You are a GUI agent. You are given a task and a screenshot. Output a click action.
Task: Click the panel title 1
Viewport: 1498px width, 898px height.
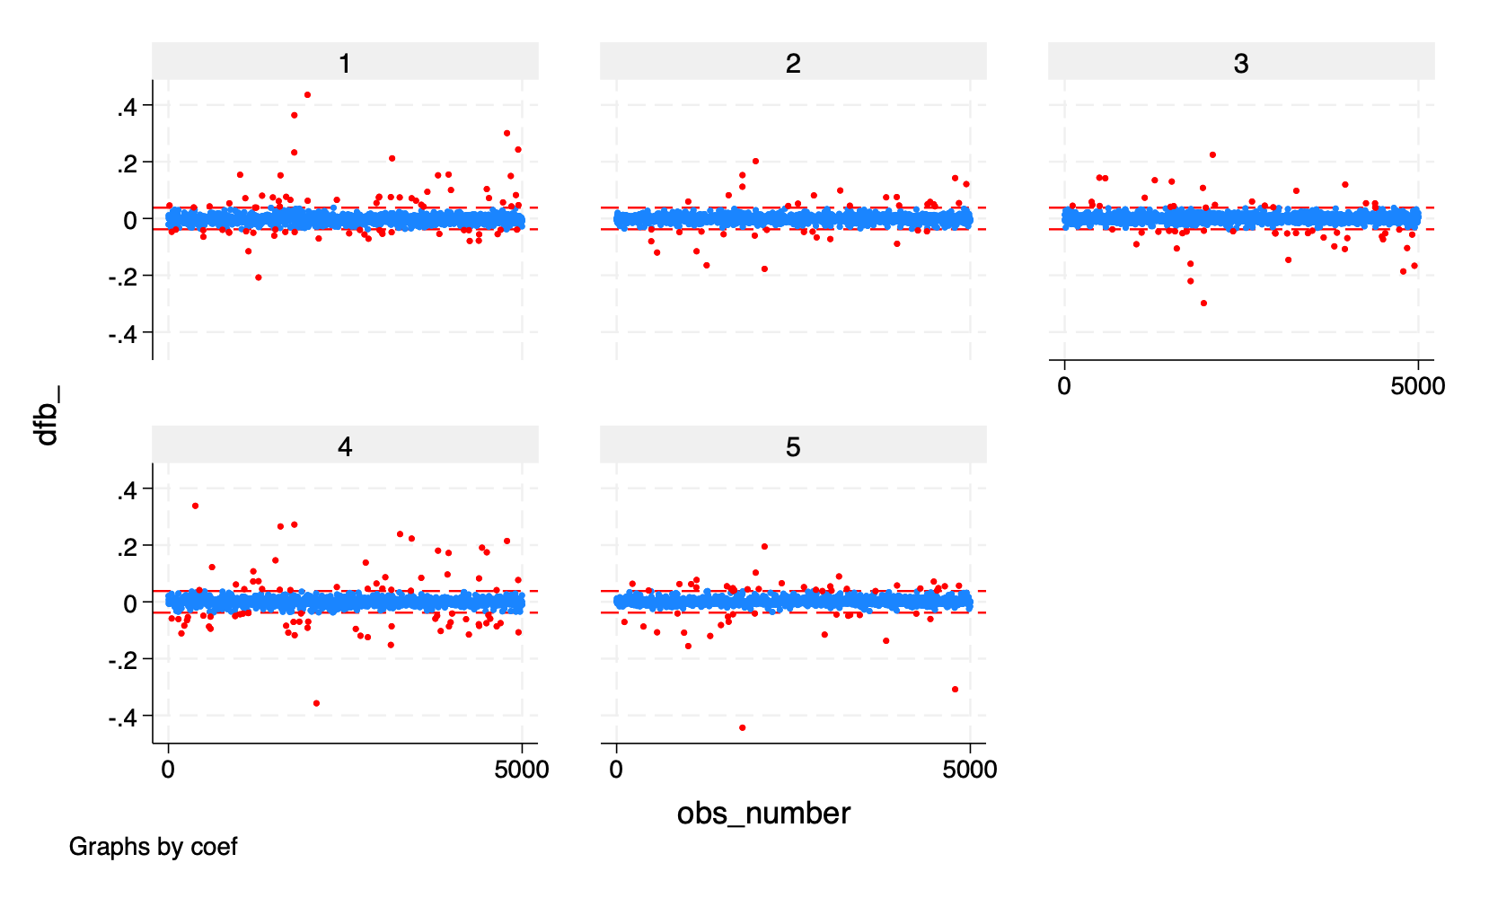click(345, 63)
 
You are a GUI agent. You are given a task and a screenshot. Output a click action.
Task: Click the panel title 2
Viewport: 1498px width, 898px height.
click(793, 63)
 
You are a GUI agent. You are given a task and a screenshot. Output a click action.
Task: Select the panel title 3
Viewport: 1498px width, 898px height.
click(1241, 63)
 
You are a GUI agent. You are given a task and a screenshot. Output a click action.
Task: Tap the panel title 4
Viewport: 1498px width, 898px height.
click(345, 446)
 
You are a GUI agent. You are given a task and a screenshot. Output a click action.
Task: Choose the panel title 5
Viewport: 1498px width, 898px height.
click(793, 446)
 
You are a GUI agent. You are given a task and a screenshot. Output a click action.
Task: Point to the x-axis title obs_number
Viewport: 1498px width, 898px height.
click(763, 813)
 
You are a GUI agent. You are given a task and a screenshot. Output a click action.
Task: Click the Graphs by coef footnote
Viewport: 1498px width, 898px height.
click(153, 847)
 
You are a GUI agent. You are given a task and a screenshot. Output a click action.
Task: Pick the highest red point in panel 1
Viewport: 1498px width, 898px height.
click(307, 94)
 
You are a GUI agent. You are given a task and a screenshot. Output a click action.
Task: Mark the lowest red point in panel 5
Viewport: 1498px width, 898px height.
click(742, 727)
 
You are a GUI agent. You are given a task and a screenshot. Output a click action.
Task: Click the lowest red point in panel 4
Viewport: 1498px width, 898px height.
click(316, 703)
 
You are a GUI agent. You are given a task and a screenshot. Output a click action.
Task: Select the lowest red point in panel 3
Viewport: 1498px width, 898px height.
click(1203, 304)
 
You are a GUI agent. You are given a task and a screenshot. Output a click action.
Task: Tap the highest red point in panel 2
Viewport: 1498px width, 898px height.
click(755, 162)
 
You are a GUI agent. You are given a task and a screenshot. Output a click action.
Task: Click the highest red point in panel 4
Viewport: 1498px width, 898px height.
click(195, 506)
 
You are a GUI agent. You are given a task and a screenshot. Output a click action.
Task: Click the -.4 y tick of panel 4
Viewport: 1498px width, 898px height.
click(122, 717)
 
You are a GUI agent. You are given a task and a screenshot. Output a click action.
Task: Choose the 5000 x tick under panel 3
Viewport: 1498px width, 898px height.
click(1418, 386)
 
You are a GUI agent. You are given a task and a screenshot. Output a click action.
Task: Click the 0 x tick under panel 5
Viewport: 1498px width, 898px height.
click(616, 770)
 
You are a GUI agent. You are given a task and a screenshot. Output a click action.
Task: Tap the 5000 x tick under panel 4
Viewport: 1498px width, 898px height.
click(522, 770)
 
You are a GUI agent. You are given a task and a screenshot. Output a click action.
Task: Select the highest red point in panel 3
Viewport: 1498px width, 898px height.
click(1212, 154)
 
